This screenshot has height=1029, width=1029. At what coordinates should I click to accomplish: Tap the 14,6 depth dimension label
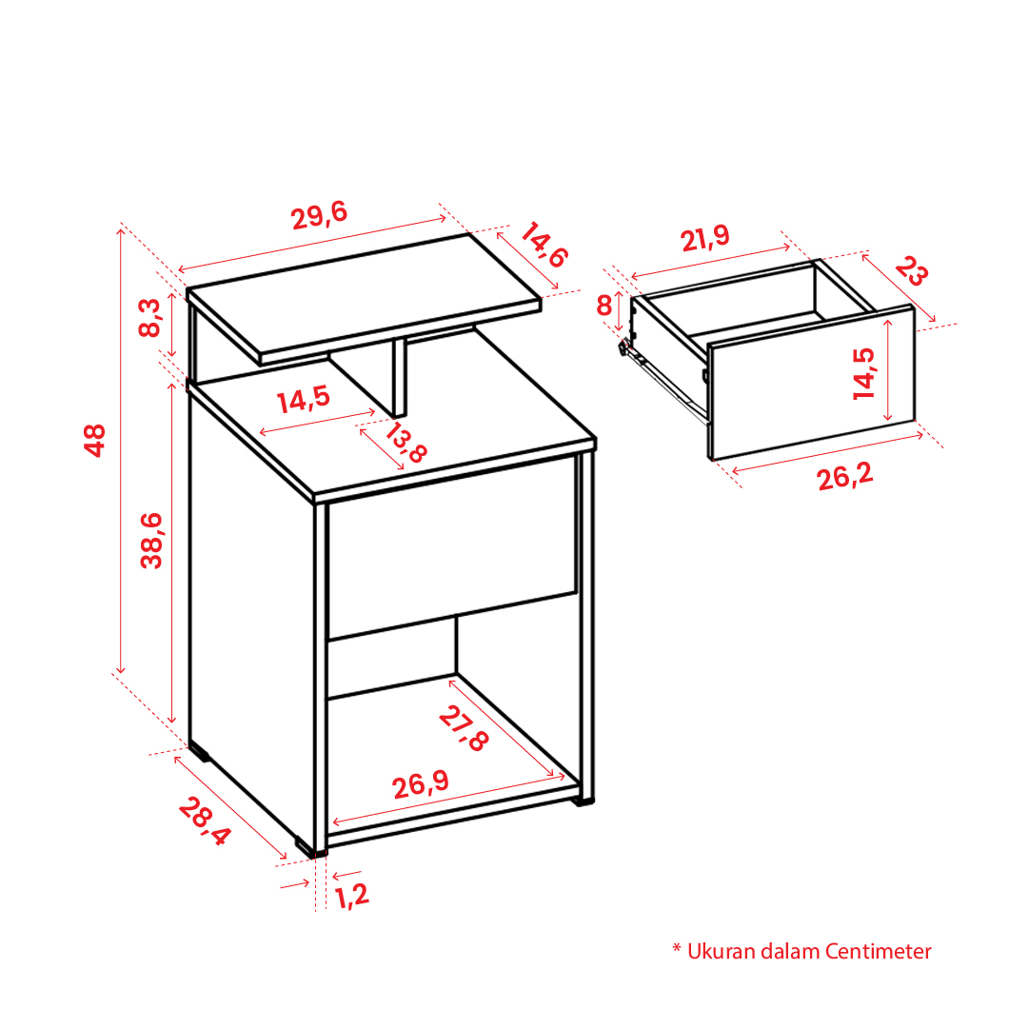(544, 245)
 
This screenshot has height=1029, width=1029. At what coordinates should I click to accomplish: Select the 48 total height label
(95, 440)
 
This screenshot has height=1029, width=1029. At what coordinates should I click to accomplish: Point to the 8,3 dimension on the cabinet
(149, 318)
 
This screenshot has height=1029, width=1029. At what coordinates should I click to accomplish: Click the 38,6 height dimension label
(151, 540)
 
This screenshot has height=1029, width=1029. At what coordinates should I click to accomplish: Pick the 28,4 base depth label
(205, 821)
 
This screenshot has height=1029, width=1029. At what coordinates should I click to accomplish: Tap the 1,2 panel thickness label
(352, 896)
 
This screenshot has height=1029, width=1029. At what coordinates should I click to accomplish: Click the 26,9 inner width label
(421, 784)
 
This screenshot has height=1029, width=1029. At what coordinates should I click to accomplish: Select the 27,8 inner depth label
(464, 728)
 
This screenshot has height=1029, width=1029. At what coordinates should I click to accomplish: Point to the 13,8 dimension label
(405, 443)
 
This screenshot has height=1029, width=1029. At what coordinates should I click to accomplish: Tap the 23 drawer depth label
(912, 270)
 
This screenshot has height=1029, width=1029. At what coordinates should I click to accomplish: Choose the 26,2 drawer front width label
(845, 477)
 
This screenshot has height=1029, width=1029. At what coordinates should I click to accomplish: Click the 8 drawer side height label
(604, 306)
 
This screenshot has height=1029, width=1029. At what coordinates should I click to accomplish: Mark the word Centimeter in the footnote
(878, 951)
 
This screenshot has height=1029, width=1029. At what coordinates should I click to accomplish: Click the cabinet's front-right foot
(583, 801)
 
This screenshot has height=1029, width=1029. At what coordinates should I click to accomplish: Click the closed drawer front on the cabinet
(452, 548)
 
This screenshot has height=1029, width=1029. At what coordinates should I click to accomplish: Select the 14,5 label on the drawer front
(864, 373)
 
